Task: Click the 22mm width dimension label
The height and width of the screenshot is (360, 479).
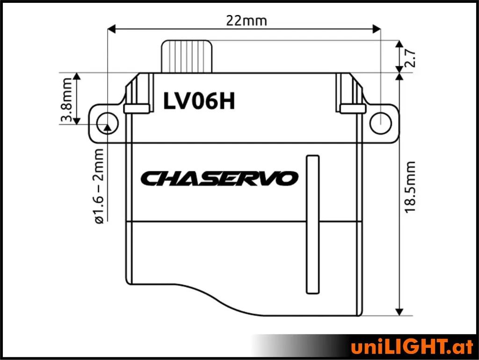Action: pos(246,21)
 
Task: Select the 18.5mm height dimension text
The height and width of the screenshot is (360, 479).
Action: pos(410,187)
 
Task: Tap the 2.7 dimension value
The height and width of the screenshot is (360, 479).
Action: pos(411,57)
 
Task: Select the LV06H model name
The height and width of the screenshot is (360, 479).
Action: pos(199,101)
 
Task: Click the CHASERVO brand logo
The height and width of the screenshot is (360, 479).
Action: pos(219,178)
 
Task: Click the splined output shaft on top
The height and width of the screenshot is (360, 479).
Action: pos(187,56)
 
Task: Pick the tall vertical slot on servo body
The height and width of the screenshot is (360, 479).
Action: pos(312,224)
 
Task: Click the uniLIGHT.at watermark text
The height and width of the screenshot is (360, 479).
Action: pos(412,347)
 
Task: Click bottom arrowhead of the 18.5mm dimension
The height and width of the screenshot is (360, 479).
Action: pos(399,311)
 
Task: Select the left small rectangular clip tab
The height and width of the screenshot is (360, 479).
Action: pos(137,109)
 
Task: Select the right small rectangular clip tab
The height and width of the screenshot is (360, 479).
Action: pos(352,109)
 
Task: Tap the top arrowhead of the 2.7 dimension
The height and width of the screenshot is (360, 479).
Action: pos(399,44)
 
